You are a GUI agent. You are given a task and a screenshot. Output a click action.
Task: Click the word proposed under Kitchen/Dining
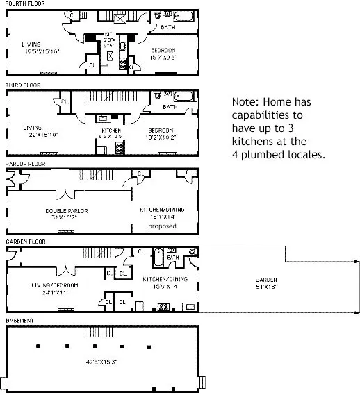click(163, 226)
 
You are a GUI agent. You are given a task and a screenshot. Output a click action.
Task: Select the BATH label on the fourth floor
click(168, 27)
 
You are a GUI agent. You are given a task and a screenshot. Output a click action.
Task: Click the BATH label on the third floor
click(170, 107)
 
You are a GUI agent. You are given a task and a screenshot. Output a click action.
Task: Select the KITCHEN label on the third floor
click(112, 131)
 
